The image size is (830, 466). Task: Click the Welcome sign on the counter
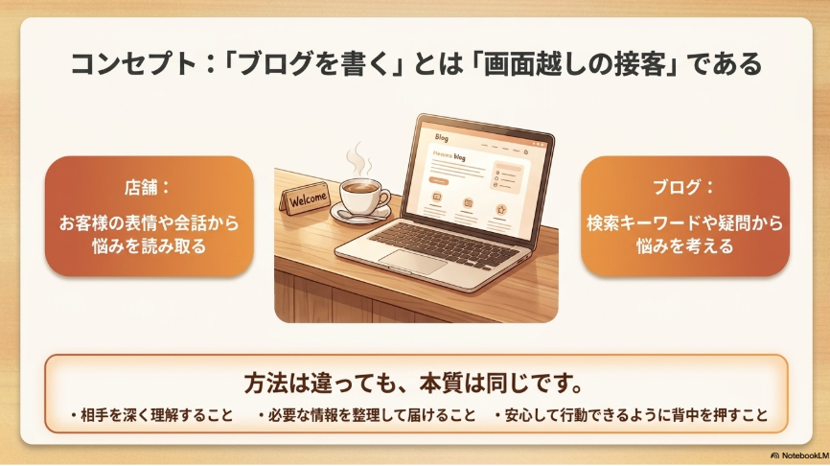click(306, 199)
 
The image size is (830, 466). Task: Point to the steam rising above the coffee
click(357, 158)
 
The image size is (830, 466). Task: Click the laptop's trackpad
click(413, 261)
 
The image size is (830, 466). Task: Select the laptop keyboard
click(444, 243)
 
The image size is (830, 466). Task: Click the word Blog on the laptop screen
click(442, 138)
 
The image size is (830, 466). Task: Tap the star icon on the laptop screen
click(500, 210)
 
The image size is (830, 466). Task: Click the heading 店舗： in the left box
click(148, 188)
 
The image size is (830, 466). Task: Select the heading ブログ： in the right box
click(683, 188)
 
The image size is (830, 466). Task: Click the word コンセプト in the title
click(133, 64)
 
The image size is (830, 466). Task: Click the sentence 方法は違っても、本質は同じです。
click(414, 384)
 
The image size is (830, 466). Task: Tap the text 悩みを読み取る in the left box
click(149, 246)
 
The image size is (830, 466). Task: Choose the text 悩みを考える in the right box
click(685, 246)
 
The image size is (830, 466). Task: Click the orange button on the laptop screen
click(438, 181)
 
